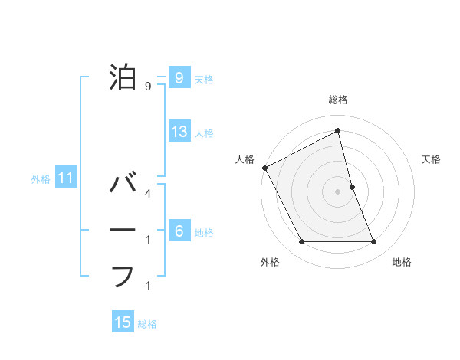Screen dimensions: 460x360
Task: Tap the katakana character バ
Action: (124, 184)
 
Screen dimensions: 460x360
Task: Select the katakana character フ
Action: (123, 276)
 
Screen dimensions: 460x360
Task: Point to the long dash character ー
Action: (123, 230)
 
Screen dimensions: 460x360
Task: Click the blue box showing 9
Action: (179, 77)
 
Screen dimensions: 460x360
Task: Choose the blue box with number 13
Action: (179, 132)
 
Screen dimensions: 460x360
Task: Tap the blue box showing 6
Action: (179, 231)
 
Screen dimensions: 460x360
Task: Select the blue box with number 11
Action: (66, 179)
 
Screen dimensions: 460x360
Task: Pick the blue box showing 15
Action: (123, 322)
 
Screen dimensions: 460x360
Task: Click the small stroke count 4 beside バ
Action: (148, 194)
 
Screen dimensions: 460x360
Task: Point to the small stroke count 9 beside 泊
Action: (148, 87)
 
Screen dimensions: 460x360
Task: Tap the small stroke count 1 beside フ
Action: (148, 286)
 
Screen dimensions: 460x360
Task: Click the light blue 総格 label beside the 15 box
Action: (147, 324)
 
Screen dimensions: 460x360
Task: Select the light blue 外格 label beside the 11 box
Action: (41, 180)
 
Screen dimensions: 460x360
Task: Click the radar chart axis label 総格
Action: (338, 100)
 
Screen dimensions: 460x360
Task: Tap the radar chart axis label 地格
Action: (402, 262)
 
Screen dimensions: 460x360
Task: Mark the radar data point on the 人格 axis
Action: (265, 167)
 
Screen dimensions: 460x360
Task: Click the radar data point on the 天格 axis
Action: (352, 187)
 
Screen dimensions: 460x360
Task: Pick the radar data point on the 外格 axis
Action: (301, 242)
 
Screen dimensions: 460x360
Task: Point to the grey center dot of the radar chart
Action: (338, 191)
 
